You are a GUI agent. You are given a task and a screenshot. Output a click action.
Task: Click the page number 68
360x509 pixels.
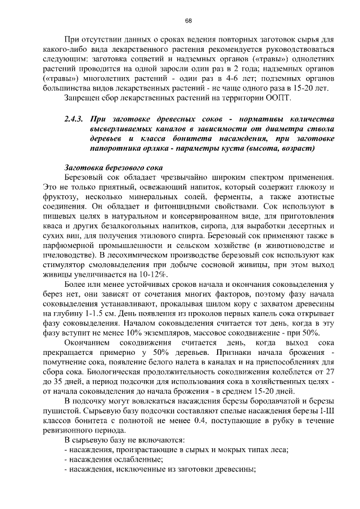[x=188, y=21]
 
